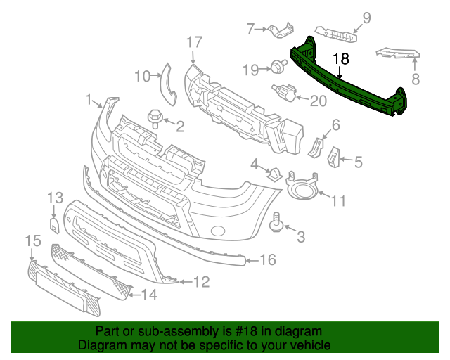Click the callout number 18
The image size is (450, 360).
pyautogui.click(x=340, y=60)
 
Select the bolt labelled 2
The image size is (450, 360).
pyautogui.click(x=153, y=116)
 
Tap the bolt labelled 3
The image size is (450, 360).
pyautogui.click(x=276, y=222)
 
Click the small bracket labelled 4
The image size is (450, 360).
pyautogui.click(x=276, y=174)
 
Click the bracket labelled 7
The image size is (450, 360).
pyautogui.click(x=282, y=30)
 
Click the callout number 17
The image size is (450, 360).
pyautogui.click(x=194, y=41)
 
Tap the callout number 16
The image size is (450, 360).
pyautogui.click(x=267, y=261)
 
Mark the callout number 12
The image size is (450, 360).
pyautogui.click(x=201, y=282)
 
